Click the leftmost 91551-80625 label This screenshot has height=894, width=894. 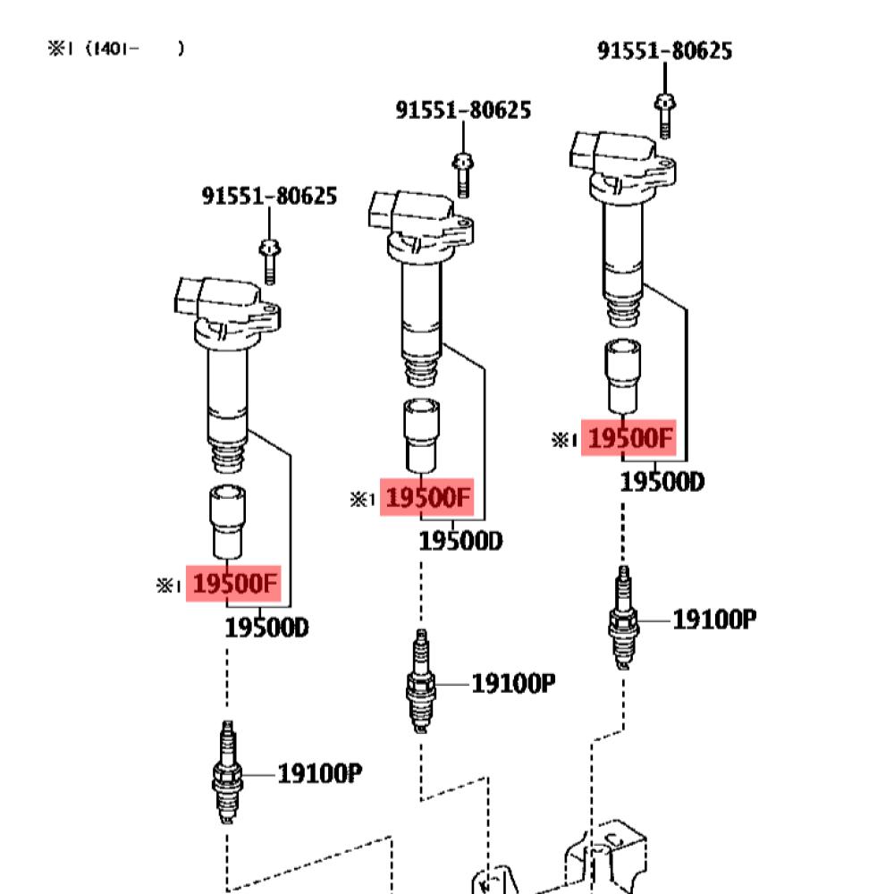tap(269, 196)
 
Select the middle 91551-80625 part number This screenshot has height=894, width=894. tap(463, 110)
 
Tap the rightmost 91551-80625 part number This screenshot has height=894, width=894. tap(664, 51)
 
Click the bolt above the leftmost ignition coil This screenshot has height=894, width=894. tap(268, 261)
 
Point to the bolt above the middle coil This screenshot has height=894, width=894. tap(463, 175)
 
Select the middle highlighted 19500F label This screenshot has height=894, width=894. tap(428, 498)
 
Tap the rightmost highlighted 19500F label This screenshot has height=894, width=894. tap(628, 439)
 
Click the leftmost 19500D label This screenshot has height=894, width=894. tap(266, 628)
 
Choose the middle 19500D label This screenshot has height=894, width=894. tap(460, 541)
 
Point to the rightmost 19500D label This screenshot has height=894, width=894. tap(662, 482)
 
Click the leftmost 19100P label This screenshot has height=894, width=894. tap(319, 773)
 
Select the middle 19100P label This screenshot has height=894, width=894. tap(513, 684)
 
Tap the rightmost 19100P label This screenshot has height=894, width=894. tap(714, 619)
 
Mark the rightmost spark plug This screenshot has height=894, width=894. tap(622, 617)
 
